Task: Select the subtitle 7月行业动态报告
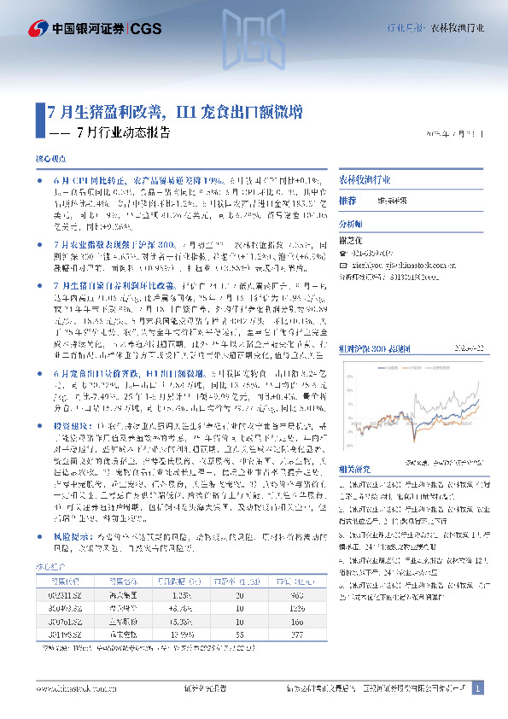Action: pyautogui.click(x=123, y=133)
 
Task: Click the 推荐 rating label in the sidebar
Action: pyautogui.click(x=347, y=200)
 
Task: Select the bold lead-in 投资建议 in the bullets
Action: pyautogui.click(x=70, y=424)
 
